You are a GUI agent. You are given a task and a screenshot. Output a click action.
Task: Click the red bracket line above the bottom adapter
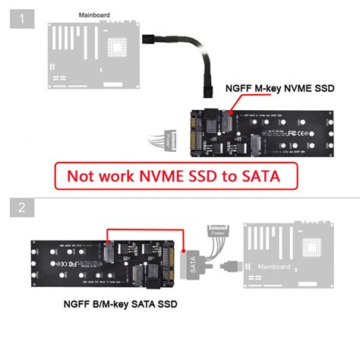tap(144, 226)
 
